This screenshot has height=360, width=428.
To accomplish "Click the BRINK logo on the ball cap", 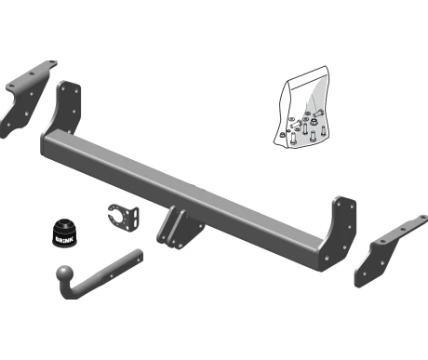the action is point(64,239).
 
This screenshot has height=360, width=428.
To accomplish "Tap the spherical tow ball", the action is point(65,273).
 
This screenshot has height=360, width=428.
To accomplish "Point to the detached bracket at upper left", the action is point(27,98).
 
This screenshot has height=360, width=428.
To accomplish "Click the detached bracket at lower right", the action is point(389,251).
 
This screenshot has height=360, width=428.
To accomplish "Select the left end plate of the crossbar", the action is point(66,106).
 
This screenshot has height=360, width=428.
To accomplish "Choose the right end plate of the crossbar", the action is point(339,233).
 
